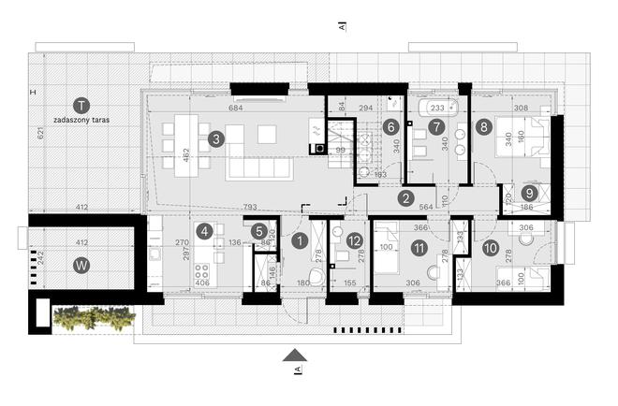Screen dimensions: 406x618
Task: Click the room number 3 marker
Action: click(x=216, y=139)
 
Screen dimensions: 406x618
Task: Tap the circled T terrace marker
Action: click(x=82, y=105)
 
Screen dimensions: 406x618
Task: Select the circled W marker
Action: click(x=82, y=265)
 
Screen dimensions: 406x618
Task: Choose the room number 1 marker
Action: click(x=299, y=240)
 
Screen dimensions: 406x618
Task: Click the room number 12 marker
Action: click(x=354, y=240)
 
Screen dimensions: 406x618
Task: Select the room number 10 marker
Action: click(x=491, y=248)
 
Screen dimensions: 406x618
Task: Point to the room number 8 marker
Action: click(x=483, y=125)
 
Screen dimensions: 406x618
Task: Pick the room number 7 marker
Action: click(x=435, y=125)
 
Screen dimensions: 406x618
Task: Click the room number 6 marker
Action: click(x=390, y=125)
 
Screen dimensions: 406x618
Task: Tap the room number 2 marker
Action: click(x=405, y=197)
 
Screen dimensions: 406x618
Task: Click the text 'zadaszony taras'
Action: click(x=82, y=121)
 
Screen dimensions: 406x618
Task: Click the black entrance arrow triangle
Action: click(x=296, y=354)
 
